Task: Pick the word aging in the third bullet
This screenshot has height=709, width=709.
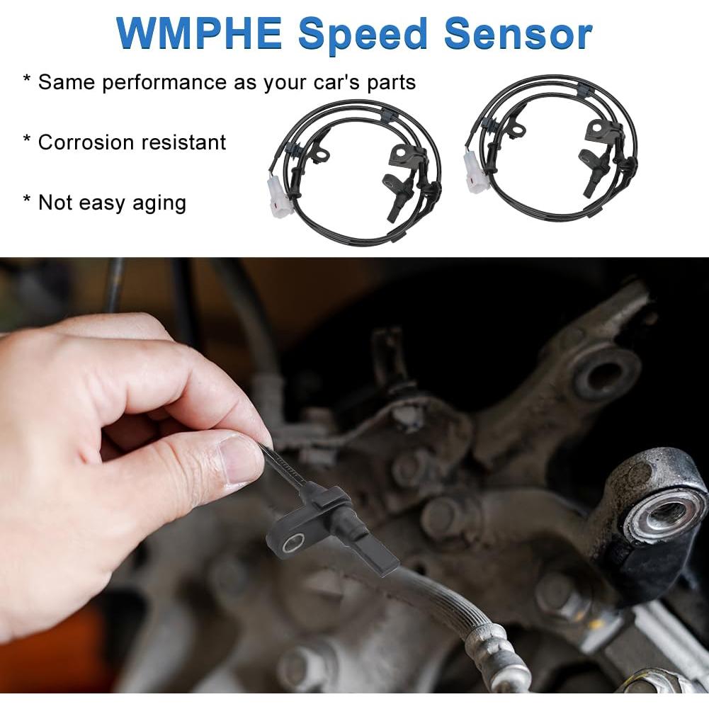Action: point(160,203)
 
